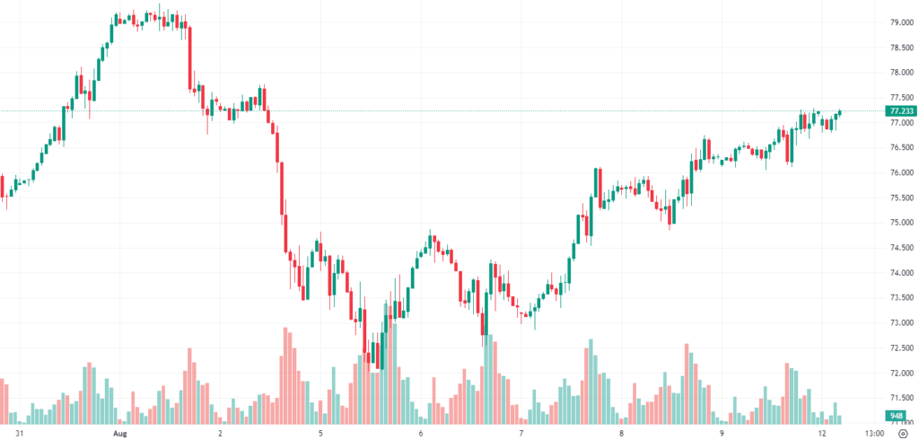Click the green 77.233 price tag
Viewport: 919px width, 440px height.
point(900,111)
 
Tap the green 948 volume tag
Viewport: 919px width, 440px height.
point(896,415)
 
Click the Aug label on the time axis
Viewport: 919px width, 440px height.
point(119,432)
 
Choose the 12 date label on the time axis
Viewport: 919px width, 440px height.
point(822,432)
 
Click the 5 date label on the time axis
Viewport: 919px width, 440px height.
point(320,432)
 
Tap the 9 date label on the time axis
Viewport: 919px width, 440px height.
point(722,432)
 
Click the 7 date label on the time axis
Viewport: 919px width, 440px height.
point(521,432)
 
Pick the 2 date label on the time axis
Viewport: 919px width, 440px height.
point(220,432)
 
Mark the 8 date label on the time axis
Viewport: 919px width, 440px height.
point(621,432)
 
